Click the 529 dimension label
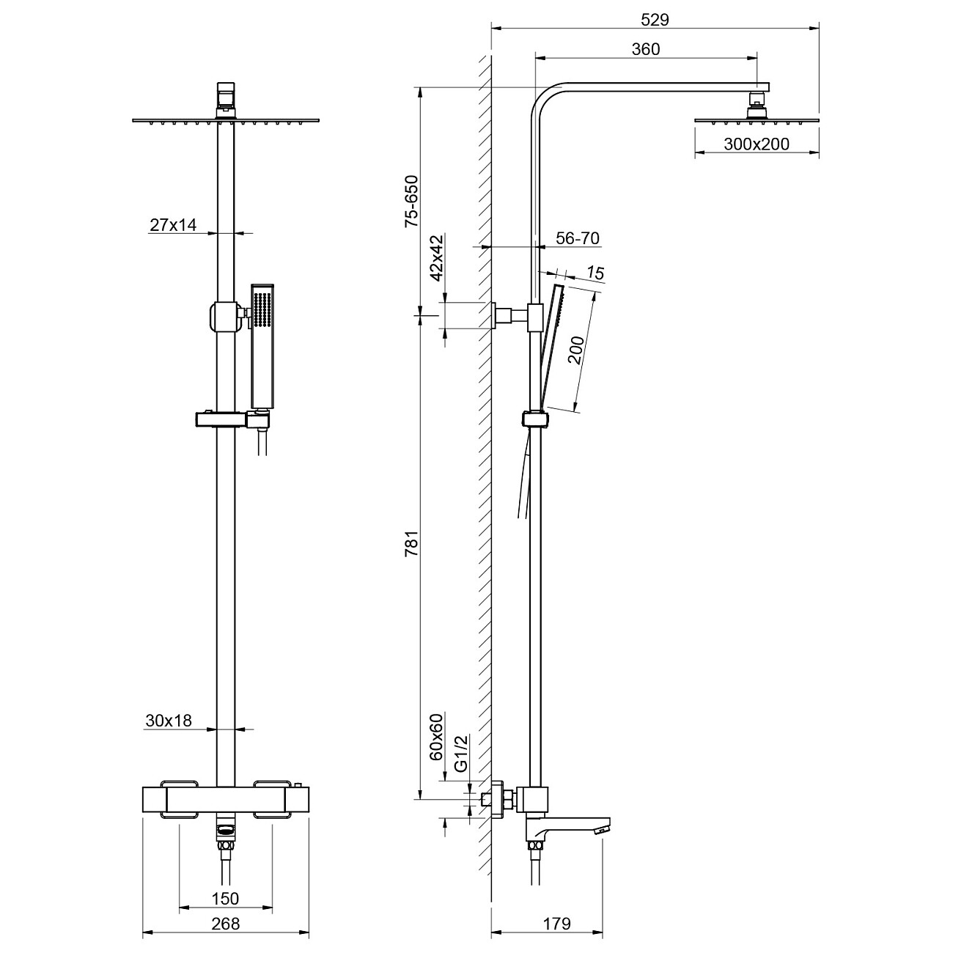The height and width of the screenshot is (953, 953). tap(654, 20)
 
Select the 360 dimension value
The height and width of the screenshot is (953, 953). tap(645, 49)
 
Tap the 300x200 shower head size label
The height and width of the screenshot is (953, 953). tap(757, 144)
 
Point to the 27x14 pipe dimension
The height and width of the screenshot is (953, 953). tap(173, 225)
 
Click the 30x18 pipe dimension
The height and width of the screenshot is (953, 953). tap(168, 721)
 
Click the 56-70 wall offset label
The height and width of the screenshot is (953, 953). tap(578, 238)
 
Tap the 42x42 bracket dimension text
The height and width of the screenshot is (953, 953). tap(437, 259)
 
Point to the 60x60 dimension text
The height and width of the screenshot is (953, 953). tap(437, 735)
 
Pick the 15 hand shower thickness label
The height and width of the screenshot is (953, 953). tap(595, 273)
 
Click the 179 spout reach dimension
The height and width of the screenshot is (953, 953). tap(556, 924)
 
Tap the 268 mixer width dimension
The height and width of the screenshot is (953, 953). tap(226, 924)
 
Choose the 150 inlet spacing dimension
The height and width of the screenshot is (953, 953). tap(225, 898)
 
